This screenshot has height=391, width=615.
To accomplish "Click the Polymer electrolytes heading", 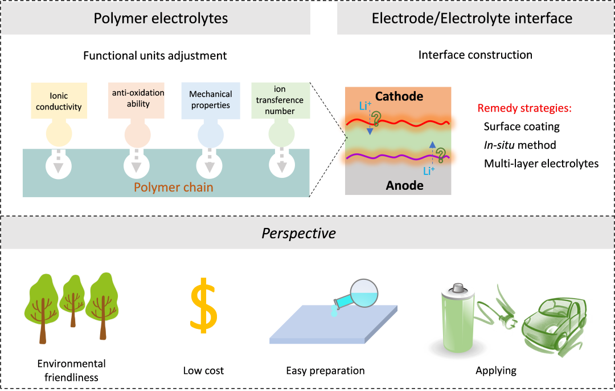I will click(161, 18).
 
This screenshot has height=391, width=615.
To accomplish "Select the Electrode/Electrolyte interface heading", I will click(472, 18).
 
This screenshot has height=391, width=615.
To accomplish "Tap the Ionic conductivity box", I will click(59, 101).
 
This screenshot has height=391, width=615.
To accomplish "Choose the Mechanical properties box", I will click(210, 100).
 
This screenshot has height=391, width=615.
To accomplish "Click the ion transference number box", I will click(281, 100).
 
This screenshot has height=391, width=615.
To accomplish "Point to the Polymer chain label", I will click(173, 187).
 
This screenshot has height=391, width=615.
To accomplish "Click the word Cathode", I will click(399, 96).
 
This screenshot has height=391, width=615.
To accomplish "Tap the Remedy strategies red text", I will click(524, 108).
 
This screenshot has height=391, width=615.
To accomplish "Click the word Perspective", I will click(298, 233).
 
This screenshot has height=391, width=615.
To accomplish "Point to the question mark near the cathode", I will click(376, 119).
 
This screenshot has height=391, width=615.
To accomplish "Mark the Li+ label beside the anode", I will click(429, 170).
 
